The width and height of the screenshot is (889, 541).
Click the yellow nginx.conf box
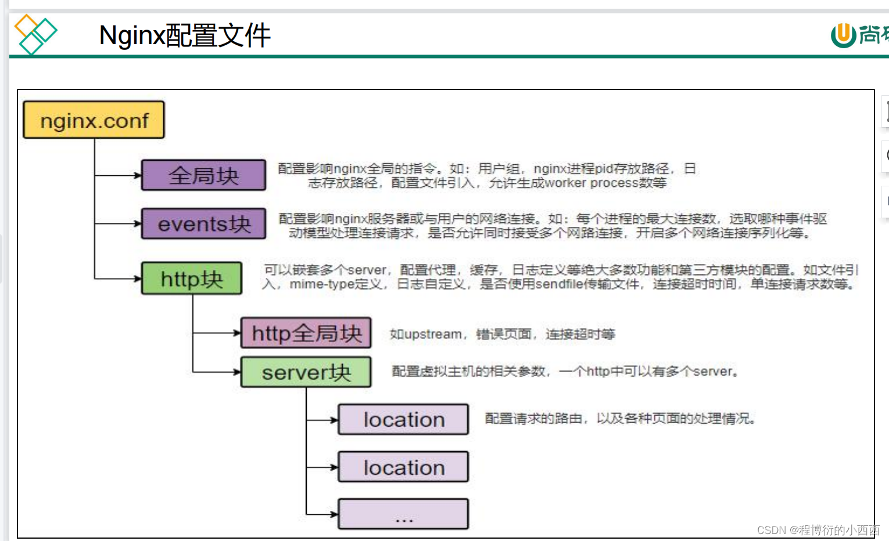[x=94, y=120]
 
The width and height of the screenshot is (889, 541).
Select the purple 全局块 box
[x=203, y=175]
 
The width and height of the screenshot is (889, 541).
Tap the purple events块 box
[x=203, y=224]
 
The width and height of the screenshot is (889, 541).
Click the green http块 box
[x=192, y=279]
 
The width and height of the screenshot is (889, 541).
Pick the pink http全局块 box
[x=306, y=333]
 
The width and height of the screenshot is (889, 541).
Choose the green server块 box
[x=306, y=372]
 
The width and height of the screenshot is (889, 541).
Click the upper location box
[x=404, y=420]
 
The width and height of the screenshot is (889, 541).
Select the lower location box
[x=404, y=467]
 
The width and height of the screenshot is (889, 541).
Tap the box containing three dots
[x=404, y=514]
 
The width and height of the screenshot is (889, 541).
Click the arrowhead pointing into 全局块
[x=138, y=175]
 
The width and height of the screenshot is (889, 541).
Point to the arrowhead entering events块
[x=138, y=223]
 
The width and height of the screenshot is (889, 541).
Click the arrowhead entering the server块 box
[x=237, y=372]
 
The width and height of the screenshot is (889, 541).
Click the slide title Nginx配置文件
[x=185, y=35]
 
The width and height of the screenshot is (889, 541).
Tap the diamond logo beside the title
[x=35, y=34]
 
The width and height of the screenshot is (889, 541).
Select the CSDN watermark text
[x=818, y=530]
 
